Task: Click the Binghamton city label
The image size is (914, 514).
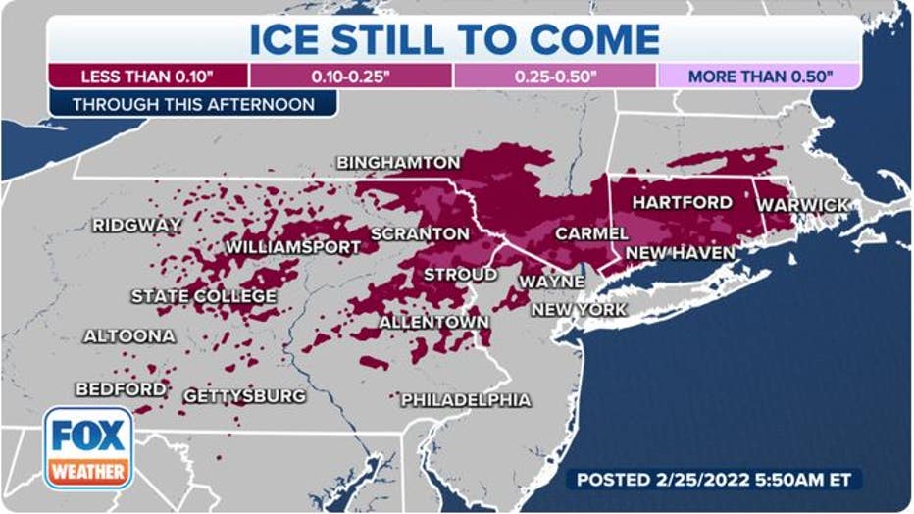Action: click(x=398, y=162)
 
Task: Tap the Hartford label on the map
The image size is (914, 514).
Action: click(x=682, y=202)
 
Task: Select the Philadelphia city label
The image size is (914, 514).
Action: click(x=466, y=400)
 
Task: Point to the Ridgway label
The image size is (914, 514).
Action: click(x=137, y=226)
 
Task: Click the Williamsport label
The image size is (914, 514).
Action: click(x=293, y=247)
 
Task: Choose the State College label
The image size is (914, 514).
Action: click(x=204, y=296)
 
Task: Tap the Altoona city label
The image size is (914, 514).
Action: click(x=129, y=335)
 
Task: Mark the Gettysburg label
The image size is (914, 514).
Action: click(x=245, y=396)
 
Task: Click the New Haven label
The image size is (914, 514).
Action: click(x=680, y=253)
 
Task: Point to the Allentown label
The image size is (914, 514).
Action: click(x=433, y=322)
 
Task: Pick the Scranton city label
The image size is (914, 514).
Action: click(x=420, y=234)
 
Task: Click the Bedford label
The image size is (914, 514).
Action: click(x=121, y=389)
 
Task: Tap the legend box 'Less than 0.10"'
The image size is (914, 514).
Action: click(x=147, y=76)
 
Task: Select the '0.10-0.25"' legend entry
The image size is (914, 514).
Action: click(x=350, y=76)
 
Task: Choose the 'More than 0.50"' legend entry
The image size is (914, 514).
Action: click(x=759, y=76)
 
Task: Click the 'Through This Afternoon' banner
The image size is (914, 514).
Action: click(x=193, y=104)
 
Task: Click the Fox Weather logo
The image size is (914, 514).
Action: click(x=88, y=447)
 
